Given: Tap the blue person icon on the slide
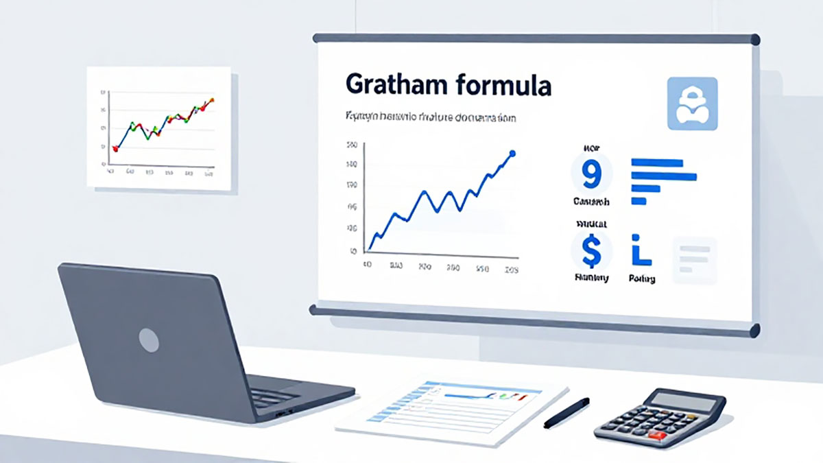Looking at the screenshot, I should [x=692, y=104].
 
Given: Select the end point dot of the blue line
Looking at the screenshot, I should [x=512, y=154].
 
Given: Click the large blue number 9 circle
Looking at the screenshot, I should [x=591, y=174].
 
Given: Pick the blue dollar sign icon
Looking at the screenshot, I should [x=590, y=250].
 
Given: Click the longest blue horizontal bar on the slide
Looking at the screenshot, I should [x=663, y=176].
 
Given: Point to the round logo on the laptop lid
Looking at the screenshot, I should [x=149, y=339].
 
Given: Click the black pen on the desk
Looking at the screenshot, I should [x=566, y=412].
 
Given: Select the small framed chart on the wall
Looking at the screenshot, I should [x=159, y=128].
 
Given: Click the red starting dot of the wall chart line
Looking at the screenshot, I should [x=115, y=147].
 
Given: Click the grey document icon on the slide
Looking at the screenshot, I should [x=695, y=260].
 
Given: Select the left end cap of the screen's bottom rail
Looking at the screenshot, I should [x=313, y=310].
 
